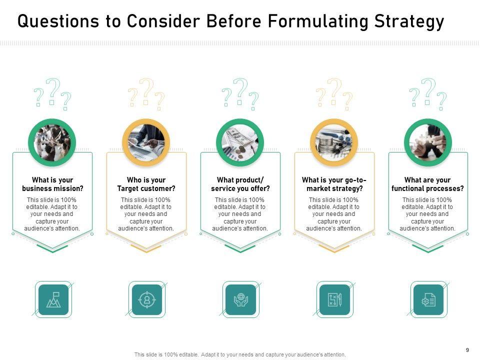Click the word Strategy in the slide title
(409, 21)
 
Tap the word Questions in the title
(58, 21)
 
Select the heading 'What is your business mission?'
(52, 184)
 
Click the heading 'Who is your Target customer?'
(146, 184)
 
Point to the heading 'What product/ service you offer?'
(240, 184)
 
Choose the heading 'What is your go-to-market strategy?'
(334, 184)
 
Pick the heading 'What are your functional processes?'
(427, 184)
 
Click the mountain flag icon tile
(53, 299)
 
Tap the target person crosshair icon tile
(147, 299)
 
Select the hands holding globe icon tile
(241, 299)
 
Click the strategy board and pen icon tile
(334, 299)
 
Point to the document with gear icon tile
(428, 299)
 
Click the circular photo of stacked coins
(334, 142)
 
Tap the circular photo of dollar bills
(240, 142)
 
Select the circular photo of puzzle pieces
(428, 142)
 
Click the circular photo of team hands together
(52, 142)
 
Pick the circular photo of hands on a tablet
(146, 142)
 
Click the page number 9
(467, 350)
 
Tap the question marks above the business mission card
(52, 94)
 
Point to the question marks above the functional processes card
(428, 94)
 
